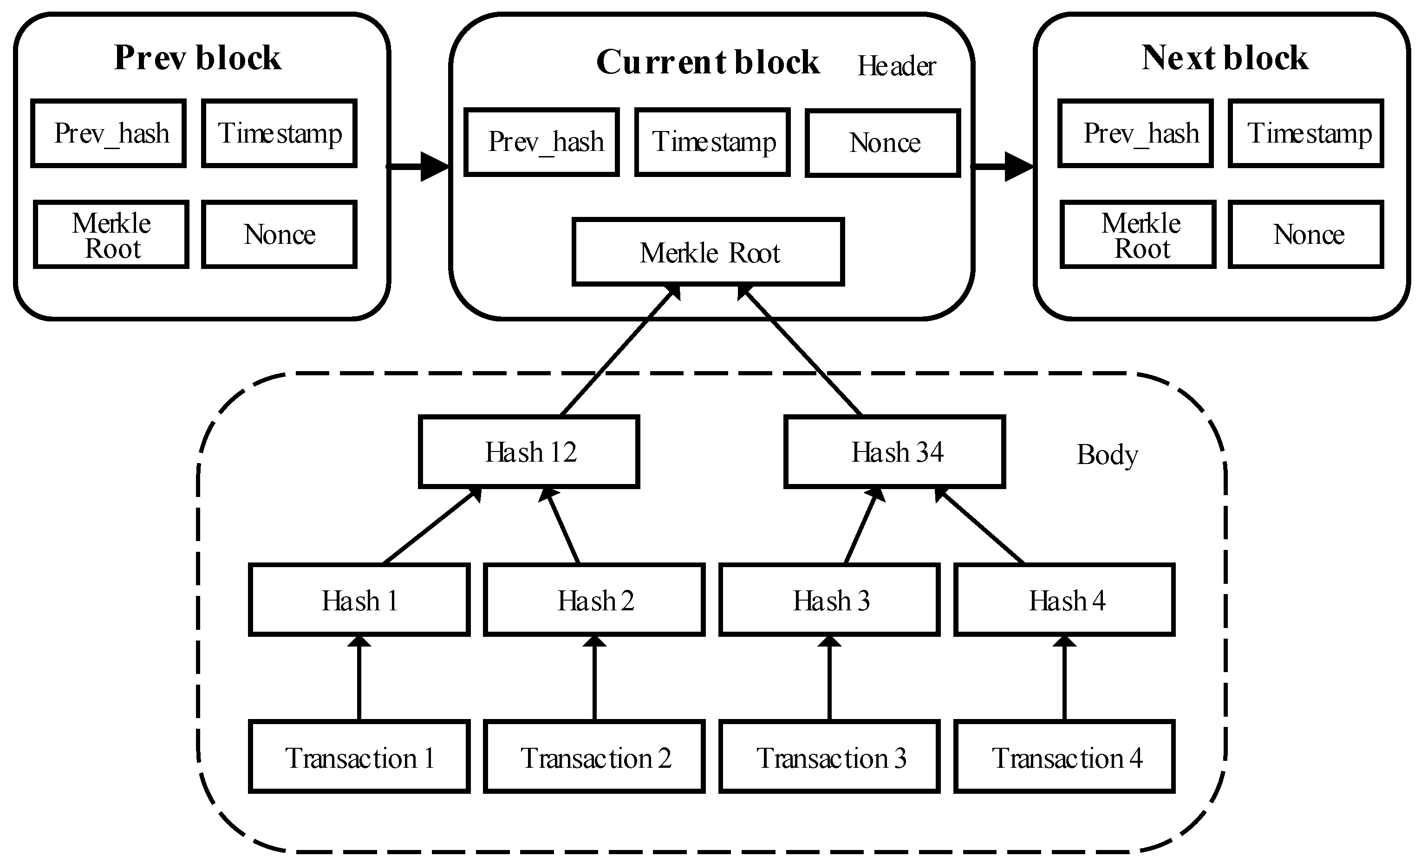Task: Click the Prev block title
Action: point(197,58)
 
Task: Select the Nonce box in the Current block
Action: point(883,143)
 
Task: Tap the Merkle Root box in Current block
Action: point(708,252)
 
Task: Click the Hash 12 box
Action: point(529,451)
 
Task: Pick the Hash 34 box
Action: point(894,451)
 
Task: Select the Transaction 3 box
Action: point(829,757)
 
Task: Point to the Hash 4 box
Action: point(1065,600)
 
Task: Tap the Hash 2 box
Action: point(594,600)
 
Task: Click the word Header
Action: point(896,66)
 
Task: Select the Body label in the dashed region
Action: point(1107,455)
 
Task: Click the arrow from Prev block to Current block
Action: point(418,167)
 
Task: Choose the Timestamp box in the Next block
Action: point(1306,133)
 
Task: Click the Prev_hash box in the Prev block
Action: point(109,133)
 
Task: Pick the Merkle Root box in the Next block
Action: point(1138,234)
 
